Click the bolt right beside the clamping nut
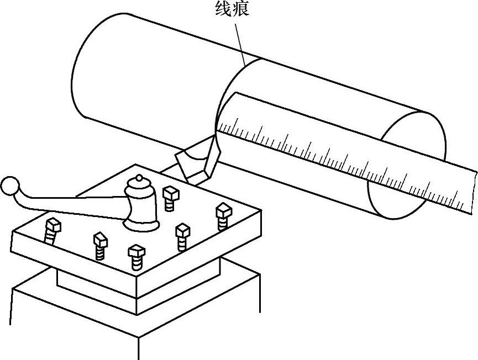[170, 197]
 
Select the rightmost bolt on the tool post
[223, 215]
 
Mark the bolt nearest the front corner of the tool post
[136, 256]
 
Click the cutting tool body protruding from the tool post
[193, 163]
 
